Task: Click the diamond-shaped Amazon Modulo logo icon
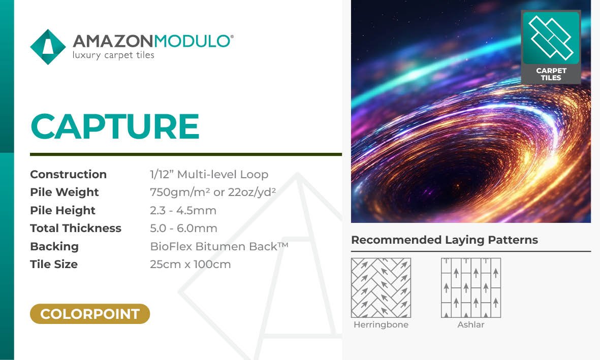click(48, 47)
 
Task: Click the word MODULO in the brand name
click(192, 41)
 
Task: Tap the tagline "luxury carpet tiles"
click(113, 55)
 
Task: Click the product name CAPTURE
click(115, 126)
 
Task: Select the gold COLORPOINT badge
click(90, 314)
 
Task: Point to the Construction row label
click(69, 175)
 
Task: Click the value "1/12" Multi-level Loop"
click(209, 175)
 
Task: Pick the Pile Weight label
click(65, 192)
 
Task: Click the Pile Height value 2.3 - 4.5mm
click(183, 210)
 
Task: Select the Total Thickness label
click(76, 228)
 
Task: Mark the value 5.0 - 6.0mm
click(183, 228)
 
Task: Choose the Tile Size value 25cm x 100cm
click(190, 265)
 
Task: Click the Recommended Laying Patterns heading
click(444, 240)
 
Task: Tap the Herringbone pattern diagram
click(381, 288)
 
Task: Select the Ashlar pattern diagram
click(470, 288)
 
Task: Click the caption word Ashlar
click(470, 325)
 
